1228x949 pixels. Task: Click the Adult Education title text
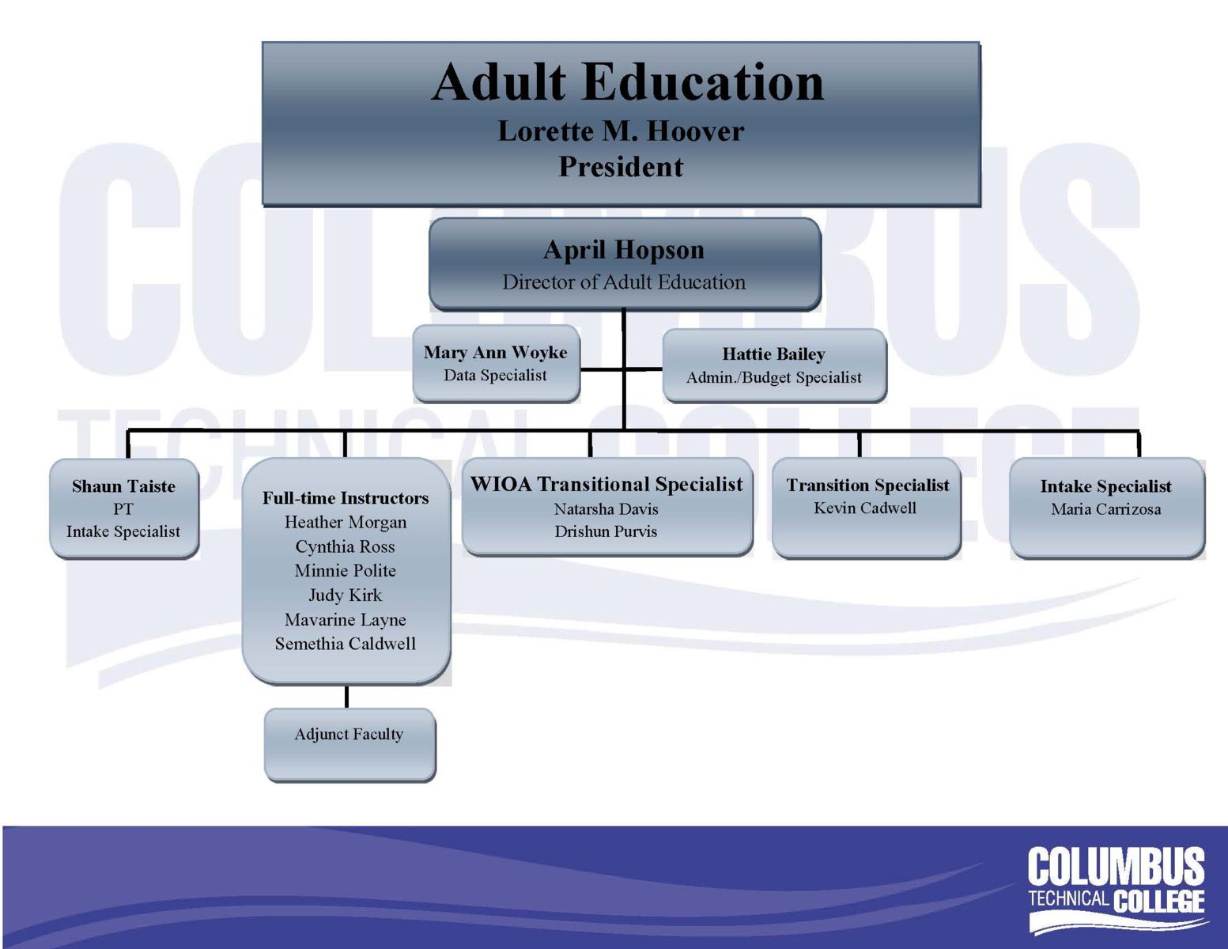coord(627,82)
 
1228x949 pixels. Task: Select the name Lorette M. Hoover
coord(621,131)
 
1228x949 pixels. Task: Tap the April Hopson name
coord(624,250)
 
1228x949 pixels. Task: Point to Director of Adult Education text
coord(624,282)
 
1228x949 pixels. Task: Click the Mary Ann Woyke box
coord(496,364)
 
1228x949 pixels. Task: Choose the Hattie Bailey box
coord(774,365)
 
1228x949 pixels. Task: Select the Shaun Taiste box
coord(124,509)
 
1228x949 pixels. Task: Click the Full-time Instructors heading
coord(346,498)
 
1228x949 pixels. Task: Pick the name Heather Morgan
coord(346,522)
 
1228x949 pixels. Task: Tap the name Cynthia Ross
coord(346,546)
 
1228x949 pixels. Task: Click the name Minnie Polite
coord(346,570)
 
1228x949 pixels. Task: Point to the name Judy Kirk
coord(346,595)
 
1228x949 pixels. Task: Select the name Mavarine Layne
coord(346,619)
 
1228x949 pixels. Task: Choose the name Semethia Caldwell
coord(346,644)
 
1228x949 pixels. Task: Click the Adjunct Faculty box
coord(350,745)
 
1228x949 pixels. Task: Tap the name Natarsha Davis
coord(606,509)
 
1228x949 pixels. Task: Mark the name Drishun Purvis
coord(606,531)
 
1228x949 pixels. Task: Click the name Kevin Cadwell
coord(865,509)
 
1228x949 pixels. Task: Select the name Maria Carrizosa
coord(1106,509)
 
